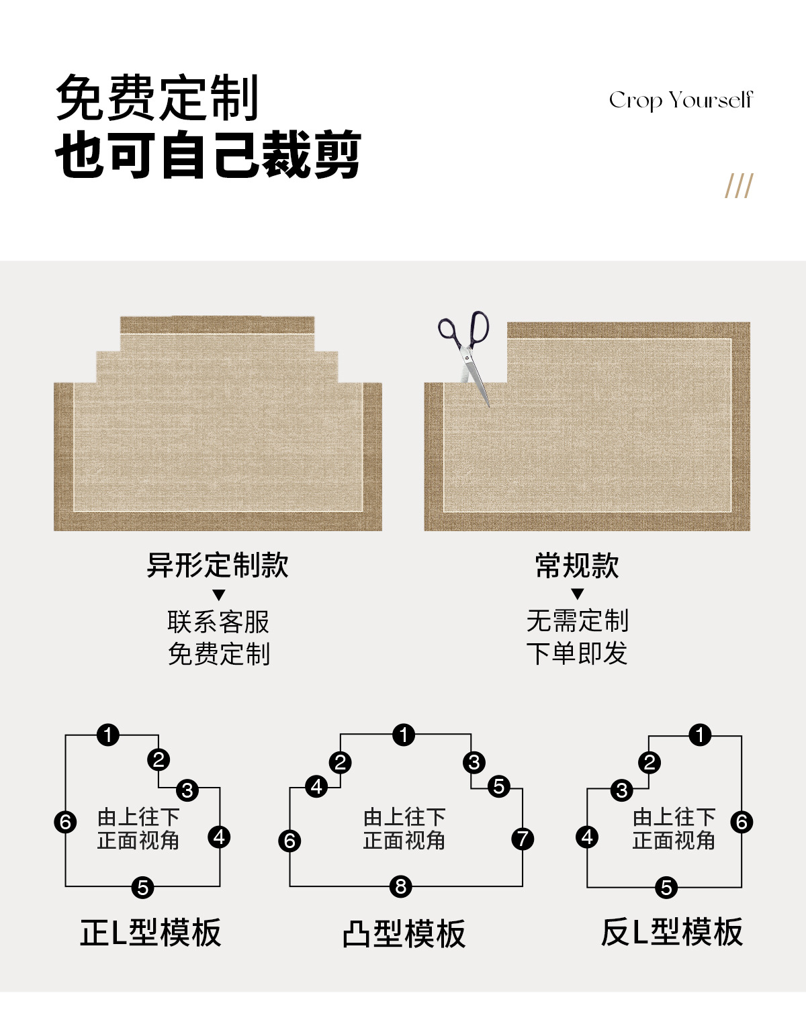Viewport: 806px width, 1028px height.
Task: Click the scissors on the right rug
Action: (x=466, y=353)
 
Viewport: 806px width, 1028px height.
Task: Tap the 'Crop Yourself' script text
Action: (x=680, y=101)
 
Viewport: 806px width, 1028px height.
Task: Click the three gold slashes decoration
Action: (x=739, y=186)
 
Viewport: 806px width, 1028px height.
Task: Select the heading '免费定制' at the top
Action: (x=157, y=98)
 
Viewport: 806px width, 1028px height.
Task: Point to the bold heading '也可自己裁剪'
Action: (x=208, y=155)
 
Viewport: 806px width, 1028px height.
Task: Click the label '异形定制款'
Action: (x=218, y=565)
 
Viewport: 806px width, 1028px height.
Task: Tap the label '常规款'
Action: (x=577, y=565)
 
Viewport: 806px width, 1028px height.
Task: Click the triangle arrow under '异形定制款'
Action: (x=218, y=595)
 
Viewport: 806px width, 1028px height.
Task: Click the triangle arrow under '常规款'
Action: (x=577, y=594)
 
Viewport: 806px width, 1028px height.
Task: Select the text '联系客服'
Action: (x=218, y=622)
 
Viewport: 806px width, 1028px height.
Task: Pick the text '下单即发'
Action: (x=577, y=653)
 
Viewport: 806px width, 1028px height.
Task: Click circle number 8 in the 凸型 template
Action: (x=401, y=886)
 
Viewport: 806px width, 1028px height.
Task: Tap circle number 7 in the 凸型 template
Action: (x=523, y=839)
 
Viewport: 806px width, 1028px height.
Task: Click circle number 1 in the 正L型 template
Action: (x=108, y=735)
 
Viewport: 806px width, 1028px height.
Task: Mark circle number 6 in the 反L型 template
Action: (x=742, y=821)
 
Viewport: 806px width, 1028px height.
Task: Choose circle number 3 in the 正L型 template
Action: (x=187, y=790)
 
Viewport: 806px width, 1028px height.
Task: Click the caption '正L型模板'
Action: (x=150, y=933)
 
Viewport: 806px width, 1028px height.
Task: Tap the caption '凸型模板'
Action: (x=404, y=933)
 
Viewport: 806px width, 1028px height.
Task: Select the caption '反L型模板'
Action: (x=672, y=933)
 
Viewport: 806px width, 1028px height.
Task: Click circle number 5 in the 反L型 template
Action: (x=666, y=887)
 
